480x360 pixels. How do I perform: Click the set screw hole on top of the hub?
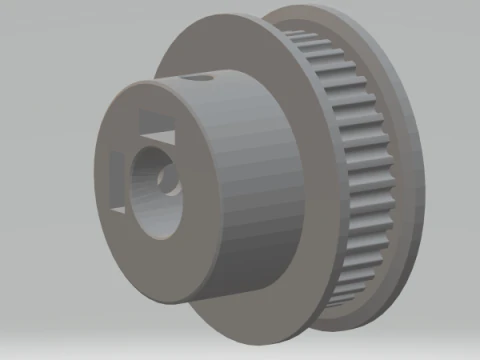tap(204, 77)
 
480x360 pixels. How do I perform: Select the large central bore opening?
tap(158, 190)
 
